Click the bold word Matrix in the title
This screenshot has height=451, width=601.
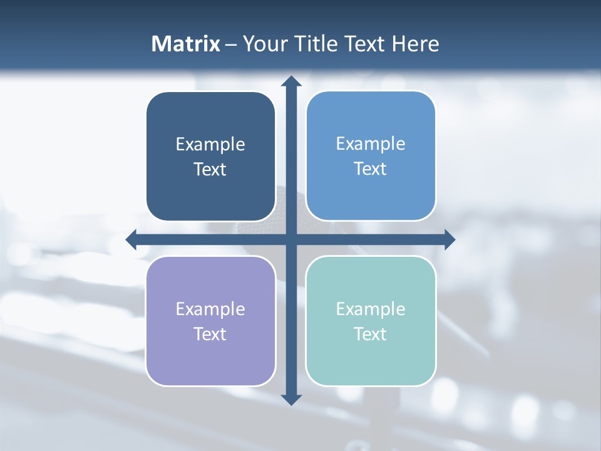[185, 44]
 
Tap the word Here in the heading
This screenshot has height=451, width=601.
[415, 44]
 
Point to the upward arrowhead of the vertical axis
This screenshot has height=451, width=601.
[291, 81]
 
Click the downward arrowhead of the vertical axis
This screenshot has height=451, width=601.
[291, 399]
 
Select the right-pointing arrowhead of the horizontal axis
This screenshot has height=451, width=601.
[449, 239]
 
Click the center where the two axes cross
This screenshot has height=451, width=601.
[291, 239]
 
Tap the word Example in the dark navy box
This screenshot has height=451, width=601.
[210, 145]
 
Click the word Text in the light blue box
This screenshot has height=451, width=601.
[371, 169]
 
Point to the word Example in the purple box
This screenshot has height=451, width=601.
[210, 309]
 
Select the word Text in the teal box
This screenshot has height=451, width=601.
[371, 334]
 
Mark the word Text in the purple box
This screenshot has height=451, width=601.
[210, 334]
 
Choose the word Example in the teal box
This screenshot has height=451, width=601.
[371, 309]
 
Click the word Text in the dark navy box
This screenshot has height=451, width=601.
[210, 170]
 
